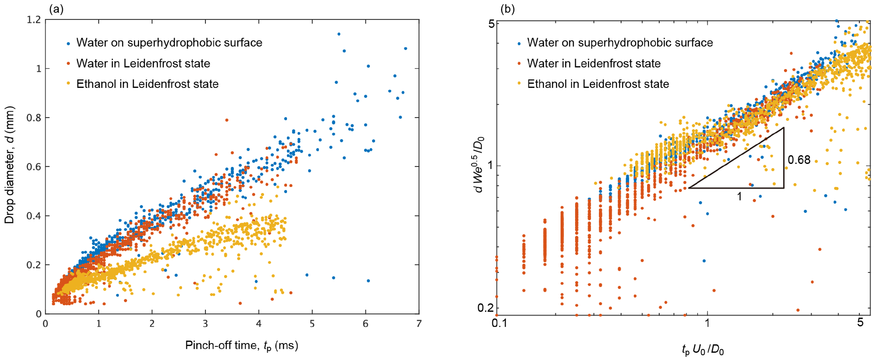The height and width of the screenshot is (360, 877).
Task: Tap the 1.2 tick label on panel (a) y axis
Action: click(34, 20)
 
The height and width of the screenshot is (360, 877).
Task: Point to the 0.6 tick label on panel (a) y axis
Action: click(34, 167)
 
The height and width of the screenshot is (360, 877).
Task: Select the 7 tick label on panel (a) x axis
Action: click(419, 324)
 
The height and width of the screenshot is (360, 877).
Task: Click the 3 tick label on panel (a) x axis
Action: click(205, 324)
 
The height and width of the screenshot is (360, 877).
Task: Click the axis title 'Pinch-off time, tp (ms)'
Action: click(241, 346)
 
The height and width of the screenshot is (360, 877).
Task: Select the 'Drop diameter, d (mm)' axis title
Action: click(10, 165)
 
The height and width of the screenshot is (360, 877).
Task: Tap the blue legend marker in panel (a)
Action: click(68, 44)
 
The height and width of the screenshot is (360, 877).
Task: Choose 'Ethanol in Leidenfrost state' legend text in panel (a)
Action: click(147, 84)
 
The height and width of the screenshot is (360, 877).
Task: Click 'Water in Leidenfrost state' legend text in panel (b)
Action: click(594, 63)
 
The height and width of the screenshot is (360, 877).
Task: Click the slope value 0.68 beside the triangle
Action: click(799, 160)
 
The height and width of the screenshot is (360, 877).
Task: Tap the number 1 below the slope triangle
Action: click(739, 197)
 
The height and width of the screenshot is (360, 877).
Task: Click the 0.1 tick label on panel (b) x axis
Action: click(499, 323)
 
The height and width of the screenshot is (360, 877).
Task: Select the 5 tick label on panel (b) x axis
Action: click(860, 322)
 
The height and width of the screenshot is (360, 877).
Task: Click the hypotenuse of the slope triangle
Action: click(736, 158)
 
